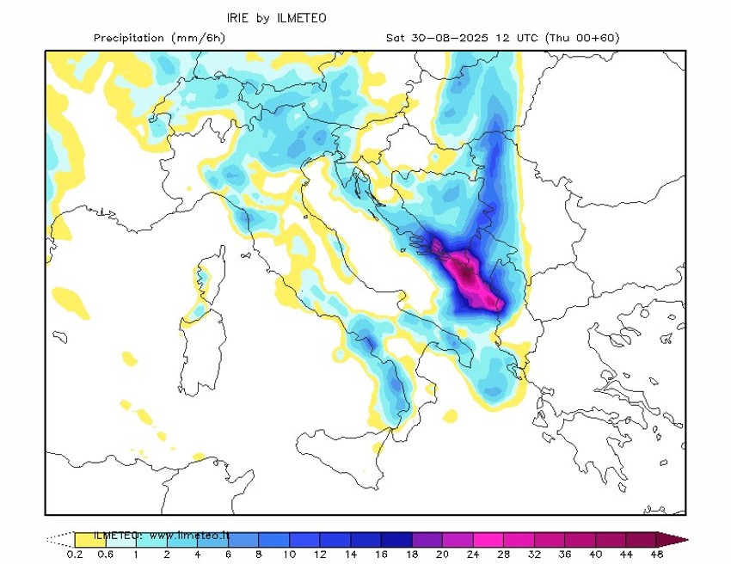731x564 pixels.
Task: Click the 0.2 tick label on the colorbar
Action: (75, 555)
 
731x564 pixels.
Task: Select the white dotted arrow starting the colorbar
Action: (60, 540)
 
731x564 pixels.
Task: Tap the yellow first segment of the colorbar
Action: (86, 540)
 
